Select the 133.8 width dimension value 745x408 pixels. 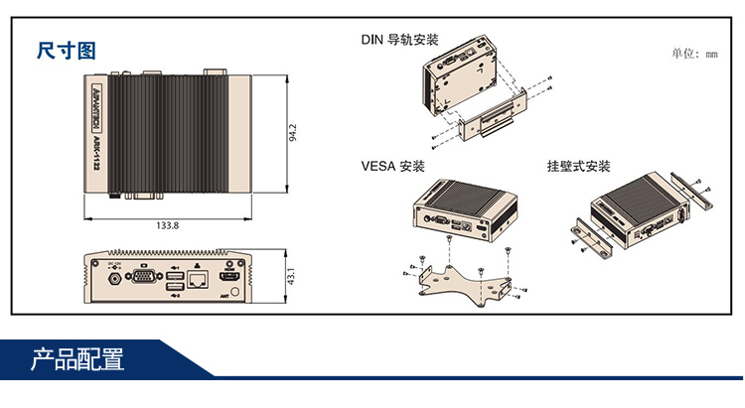[x=168, y=225]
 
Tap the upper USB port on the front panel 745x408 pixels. [x=176, y=273]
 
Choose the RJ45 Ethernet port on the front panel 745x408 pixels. [x=199, y=279]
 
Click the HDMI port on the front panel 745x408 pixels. [x=231, y=274]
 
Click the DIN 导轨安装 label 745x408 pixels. [x=398, y=41]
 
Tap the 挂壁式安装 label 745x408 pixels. [x=578, y=166]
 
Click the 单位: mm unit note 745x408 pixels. [x=694, y=54]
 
